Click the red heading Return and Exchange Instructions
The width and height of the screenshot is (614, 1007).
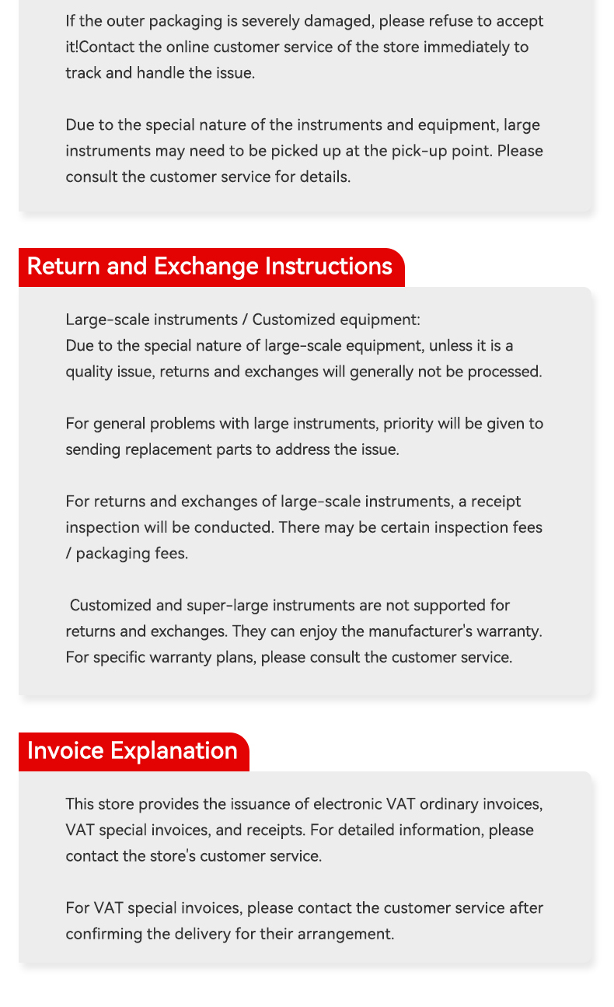(x=210, y=266)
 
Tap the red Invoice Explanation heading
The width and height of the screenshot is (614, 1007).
(x=132, y=750)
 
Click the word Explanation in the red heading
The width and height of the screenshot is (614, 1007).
(x=174, y=750)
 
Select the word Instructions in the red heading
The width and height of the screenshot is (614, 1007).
(x=329, y=266)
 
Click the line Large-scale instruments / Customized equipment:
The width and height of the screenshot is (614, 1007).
(x=242, y=320)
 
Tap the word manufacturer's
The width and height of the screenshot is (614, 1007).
(x=420, y=631)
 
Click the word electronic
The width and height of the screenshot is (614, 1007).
(x=347, y=804)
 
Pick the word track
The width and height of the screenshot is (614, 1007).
(x=83, y=73)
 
